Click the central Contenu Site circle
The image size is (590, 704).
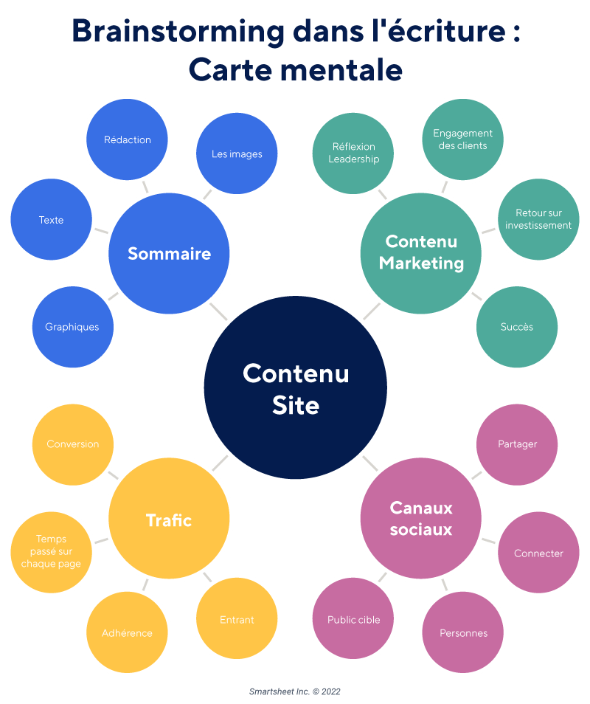click(295, 389)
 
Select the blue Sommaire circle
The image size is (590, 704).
click(169, 254)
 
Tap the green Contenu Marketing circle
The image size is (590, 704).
click(421, 252)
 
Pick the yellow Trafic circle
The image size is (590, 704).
click(169, 520)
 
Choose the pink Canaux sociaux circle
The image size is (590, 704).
click(421, 518)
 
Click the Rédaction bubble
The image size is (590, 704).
click(128, 139)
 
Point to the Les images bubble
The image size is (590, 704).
click(237, 154)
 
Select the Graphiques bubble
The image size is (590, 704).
click(72, 327)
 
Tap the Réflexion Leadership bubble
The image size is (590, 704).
click(353, 153)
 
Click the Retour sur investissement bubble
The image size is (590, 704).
click(538, 219)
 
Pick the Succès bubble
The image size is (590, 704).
click(516, 327)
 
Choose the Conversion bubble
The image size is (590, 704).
click(72, 444)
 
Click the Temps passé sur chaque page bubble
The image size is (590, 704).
click(51, 551)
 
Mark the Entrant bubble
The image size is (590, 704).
click(237, 620)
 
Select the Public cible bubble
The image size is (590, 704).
click(354, 620)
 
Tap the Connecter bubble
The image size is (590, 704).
click(538, 553)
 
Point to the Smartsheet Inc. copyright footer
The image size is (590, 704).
click(295, 691)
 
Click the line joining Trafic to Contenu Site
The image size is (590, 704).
click(220, 463)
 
